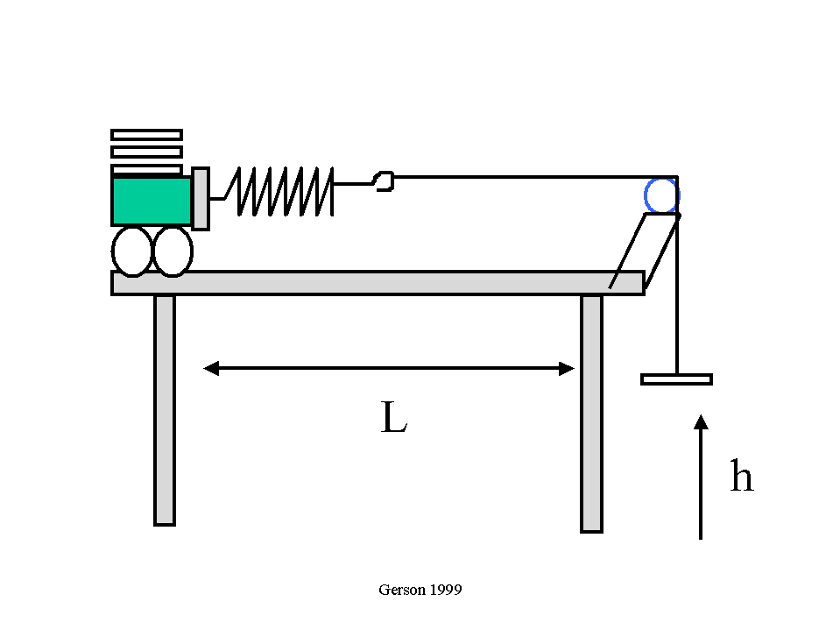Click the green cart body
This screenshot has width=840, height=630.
(x=152, y=201)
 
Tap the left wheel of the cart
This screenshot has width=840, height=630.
(x=131, y=251)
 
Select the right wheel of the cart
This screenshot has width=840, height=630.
(x=173, y=251)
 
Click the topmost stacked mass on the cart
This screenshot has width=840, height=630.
(x=146, y=135)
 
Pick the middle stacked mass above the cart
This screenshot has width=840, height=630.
(x=146, y=152)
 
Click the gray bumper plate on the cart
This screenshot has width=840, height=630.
(x=201, y=199)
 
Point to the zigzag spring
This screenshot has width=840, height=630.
(x=279, y=191)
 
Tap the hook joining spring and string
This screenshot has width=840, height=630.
(x=385, y=181)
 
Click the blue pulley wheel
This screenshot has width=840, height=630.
(x=661, y=195)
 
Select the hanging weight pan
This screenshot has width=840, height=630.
(x=676, y=379)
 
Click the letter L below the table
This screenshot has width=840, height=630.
(x=394, y=417)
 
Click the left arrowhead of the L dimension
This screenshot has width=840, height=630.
(x=211, y=369)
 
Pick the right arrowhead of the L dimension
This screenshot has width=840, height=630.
(x=567, y=369)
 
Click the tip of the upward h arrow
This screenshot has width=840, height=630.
(x=701, y=414)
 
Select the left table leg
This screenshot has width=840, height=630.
(x=165, y=410)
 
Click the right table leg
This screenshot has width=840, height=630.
(x=591, y=414)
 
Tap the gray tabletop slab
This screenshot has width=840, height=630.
(x=378, y=283)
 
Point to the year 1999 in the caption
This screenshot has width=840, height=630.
(x=446, y=590)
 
